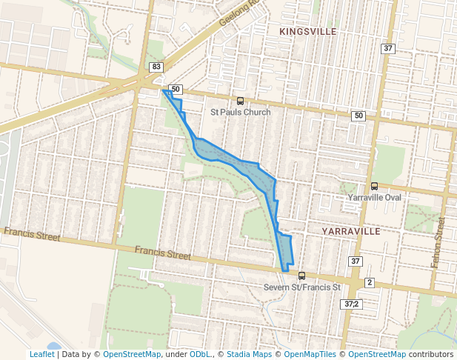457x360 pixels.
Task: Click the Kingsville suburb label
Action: point(308,32)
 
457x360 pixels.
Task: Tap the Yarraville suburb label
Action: point(350,231)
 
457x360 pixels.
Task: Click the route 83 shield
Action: point(156,67)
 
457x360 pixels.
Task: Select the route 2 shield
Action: point(370,283)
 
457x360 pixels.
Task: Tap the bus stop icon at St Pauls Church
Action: point(239,101)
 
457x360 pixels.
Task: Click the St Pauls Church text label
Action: point(240,112)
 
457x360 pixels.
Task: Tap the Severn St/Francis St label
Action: point(301,287)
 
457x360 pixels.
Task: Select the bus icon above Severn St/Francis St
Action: point(301,276)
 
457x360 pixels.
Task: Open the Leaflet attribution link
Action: point(42,354)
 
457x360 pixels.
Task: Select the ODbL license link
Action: point(199,354)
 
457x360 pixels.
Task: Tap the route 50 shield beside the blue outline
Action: point(175,89)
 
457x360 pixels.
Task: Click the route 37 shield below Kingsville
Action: point(388,48)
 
